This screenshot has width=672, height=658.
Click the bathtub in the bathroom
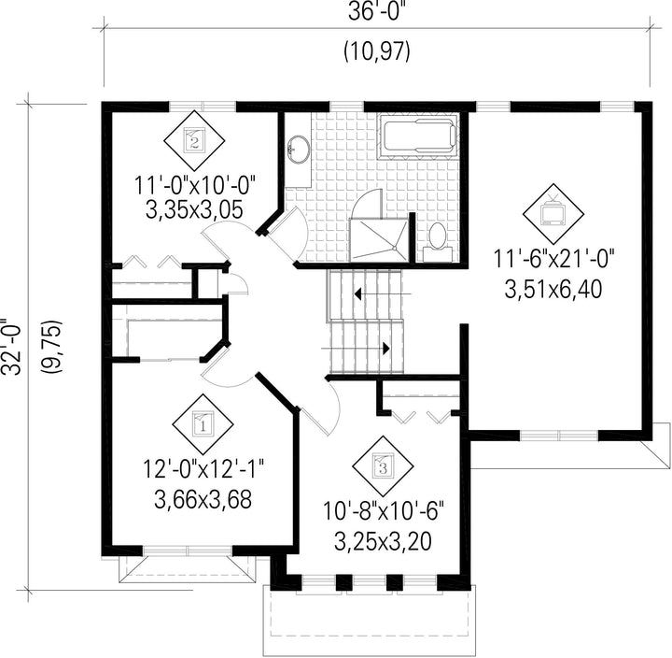click(x=418, y=136)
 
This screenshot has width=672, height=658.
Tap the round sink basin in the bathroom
click(x=299, y=150)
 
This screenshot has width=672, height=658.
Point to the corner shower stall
click(x=378, y=240)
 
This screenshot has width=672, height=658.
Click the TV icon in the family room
click(x=553, y=213)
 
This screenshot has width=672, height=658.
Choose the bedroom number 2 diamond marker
click(x=194, y=140)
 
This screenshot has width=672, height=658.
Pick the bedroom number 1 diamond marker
click(x=203, y=424)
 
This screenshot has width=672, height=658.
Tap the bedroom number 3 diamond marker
click(x=384, y=466)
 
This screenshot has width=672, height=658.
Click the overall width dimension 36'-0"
click(x=377, y=12)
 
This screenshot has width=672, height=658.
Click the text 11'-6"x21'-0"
click(x=554, y=259)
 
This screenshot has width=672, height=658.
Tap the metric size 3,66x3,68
click(x=203, y=499)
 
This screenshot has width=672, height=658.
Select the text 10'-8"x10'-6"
click(x=383, y=511)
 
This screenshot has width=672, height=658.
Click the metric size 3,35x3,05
click(x=194, y=210)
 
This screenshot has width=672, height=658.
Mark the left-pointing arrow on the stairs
click(x=383, y=294)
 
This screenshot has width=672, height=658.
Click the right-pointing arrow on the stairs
click(x=356, y=348)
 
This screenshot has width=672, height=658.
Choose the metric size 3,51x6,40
click(x=553, y=290)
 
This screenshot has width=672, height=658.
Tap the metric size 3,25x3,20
click(x=383, y=542)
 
